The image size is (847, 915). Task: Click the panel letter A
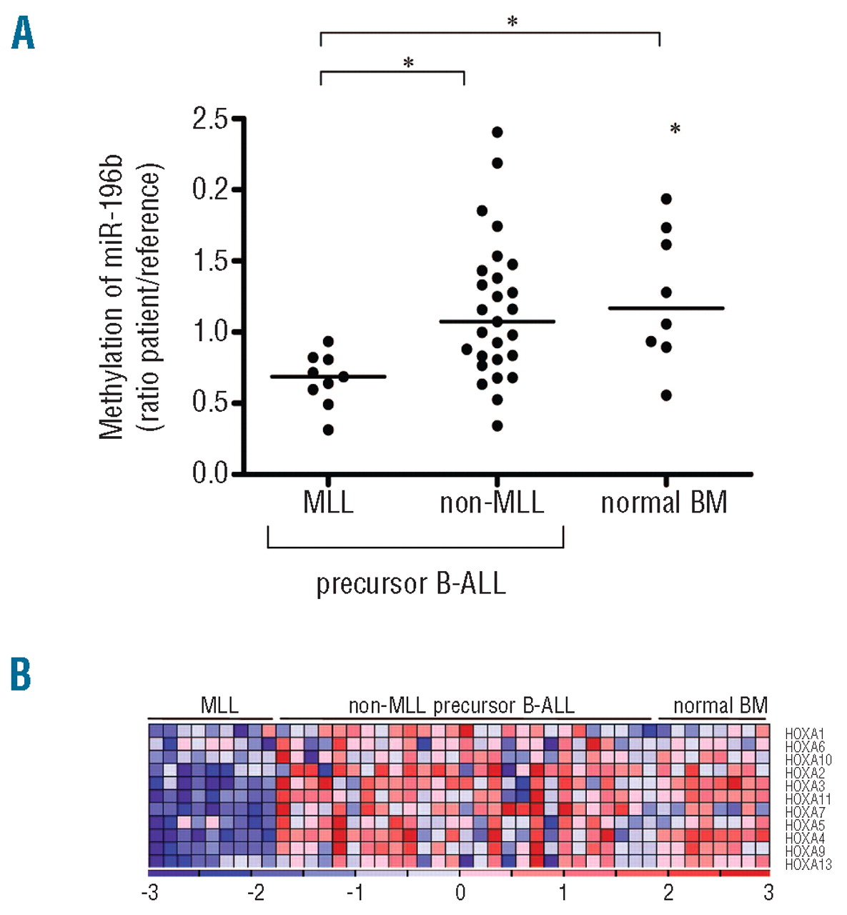coord(23,34)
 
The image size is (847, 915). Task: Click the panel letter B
coord(21,674)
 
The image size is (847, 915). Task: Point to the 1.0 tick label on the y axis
coord(209,332)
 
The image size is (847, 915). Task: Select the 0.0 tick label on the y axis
coord(209,473)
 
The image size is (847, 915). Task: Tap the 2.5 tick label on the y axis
coord(209,119)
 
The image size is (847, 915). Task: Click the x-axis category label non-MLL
coord(492,503)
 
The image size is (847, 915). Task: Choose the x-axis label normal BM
coord(664,503)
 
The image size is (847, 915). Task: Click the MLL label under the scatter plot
coord(328,503)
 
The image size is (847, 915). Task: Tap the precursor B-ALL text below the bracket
coord(411,584)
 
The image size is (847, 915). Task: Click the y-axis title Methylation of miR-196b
coord(112,297)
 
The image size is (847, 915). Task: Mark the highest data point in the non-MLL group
coord(497,132)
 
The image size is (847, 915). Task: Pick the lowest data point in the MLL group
coord(328,430)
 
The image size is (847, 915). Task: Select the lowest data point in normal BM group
coord(666,395)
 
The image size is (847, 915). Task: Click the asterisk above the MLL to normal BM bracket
coord(512,22)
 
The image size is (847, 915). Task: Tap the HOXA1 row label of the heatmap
coord(805,733)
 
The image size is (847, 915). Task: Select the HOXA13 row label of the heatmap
coord(808,865)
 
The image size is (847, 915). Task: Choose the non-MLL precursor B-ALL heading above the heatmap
coord(461,706)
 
